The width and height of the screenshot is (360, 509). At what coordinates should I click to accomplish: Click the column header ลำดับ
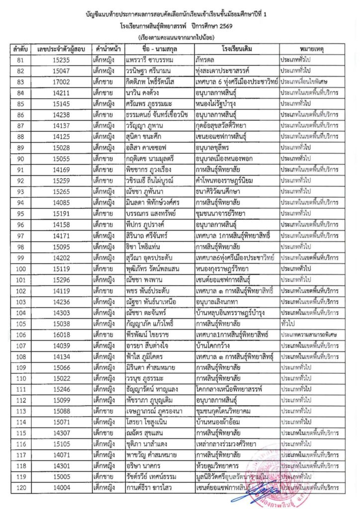tap(20, 49)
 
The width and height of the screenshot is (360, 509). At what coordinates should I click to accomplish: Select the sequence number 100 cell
tap(20, 270)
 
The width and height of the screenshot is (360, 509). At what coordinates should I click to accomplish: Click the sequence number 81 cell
tap(20, 59)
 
